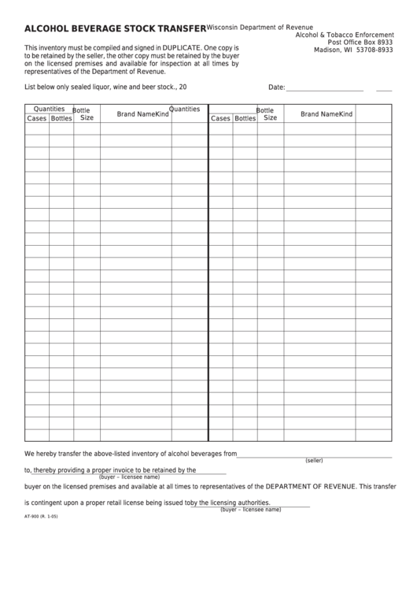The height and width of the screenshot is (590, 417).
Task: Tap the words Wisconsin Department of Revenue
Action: pos(260,28)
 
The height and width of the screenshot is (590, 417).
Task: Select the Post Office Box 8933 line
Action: pos(360,43)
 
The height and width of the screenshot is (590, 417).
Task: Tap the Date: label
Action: pos(276,87)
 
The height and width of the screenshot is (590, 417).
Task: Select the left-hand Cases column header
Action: pos(36,118)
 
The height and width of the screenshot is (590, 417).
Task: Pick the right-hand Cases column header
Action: pos(220,118)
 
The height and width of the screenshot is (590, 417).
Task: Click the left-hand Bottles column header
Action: pos(61,118)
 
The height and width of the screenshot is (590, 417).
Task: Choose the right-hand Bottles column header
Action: pos(245,118)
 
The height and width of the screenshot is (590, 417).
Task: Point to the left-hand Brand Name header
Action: pos(135,114)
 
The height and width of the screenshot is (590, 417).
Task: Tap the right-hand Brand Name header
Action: pos(319,114)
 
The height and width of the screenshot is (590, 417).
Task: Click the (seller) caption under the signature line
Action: pos(314,460)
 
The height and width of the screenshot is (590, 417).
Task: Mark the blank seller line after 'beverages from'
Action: pos(314,454)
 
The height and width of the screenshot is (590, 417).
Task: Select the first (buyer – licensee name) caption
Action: pos(124,477)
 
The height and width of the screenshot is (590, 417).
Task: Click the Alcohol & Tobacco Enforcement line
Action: pos(344,35)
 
